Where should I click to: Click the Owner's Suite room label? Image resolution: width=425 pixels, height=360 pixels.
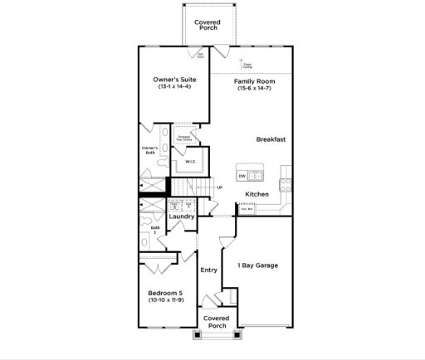(173, 79)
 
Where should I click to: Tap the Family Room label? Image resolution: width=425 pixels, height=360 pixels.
(254, 80)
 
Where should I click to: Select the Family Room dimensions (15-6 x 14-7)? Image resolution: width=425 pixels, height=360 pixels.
(254, 88)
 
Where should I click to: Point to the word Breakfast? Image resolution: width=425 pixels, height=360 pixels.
(271, 139)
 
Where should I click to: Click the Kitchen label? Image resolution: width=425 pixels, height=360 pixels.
(256, 194)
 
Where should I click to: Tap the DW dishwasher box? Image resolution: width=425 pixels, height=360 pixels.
(242, 176)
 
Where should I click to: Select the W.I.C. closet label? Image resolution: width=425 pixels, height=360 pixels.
(190, 162)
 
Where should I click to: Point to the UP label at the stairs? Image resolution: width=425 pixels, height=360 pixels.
(219, 187)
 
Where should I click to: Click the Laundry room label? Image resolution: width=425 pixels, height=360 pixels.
(182, 216)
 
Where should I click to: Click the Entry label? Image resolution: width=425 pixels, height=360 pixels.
(209, 270)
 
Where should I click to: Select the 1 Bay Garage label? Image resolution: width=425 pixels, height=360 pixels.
(258, 265)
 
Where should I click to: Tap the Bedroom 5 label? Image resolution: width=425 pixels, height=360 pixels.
(169, 293)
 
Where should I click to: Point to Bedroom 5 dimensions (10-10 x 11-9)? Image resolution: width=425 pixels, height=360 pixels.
(169, 300)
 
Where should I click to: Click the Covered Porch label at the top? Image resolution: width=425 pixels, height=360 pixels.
(207, 25)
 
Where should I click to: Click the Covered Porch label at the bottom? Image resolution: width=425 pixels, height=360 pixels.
(216, 322)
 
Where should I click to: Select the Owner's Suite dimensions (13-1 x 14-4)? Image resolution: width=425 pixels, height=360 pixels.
(173, 87)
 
